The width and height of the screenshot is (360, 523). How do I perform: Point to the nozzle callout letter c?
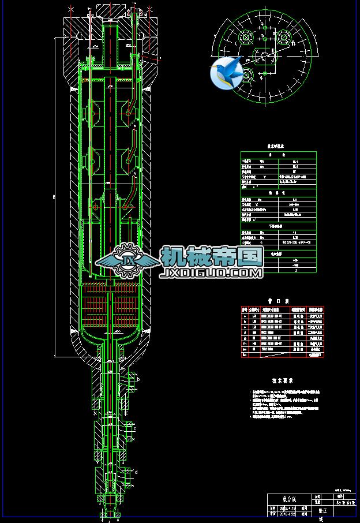134,429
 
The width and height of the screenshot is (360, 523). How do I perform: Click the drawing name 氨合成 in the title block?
288,499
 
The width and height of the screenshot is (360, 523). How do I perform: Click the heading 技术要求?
282,381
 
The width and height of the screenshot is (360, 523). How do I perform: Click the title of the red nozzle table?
282,301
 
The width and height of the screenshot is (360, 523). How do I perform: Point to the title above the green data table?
278,147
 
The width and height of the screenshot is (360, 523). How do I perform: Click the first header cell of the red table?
245,309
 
